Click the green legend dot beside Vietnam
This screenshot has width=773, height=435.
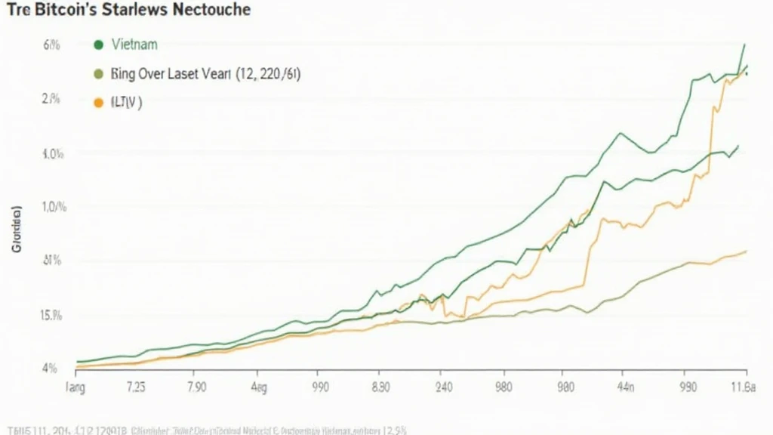click(97, 45)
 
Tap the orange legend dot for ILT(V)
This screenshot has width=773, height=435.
click(97, 103)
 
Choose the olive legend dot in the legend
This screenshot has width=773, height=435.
click(97, 74)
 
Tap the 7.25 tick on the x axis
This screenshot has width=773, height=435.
click(136, 388)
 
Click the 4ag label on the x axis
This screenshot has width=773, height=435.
click(257, 388)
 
